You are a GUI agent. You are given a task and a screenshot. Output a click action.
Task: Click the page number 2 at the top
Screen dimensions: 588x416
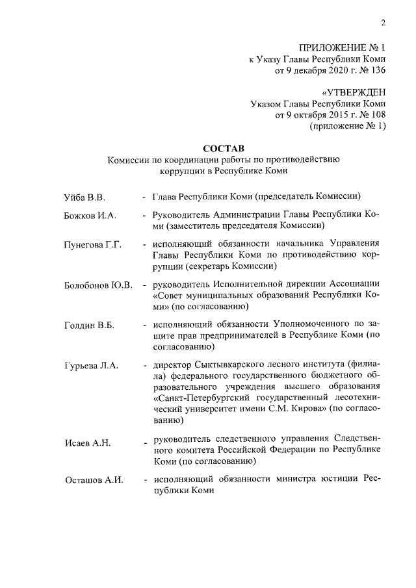tap(383, 25)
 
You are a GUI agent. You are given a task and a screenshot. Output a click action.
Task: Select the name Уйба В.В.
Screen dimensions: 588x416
tap(84, 196)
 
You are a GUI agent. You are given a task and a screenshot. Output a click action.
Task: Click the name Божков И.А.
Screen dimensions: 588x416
tap(89, 215)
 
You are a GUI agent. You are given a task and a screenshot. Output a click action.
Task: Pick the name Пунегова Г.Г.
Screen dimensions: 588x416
tap(93, 244)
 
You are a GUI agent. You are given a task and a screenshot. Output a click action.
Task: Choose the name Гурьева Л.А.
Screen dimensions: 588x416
tap(91, 366)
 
